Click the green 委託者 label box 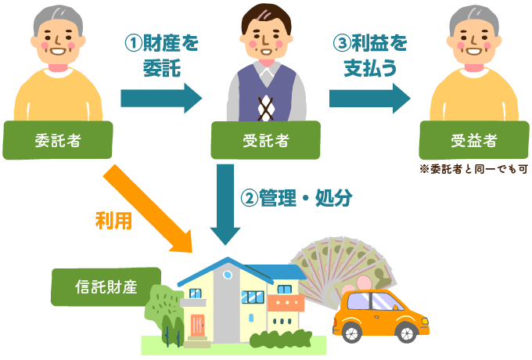[58, 141]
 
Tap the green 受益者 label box [473, 141]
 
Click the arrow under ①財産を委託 [161, 98]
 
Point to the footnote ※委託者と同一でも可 [473, 168]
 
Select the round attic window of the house [228, 275]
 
